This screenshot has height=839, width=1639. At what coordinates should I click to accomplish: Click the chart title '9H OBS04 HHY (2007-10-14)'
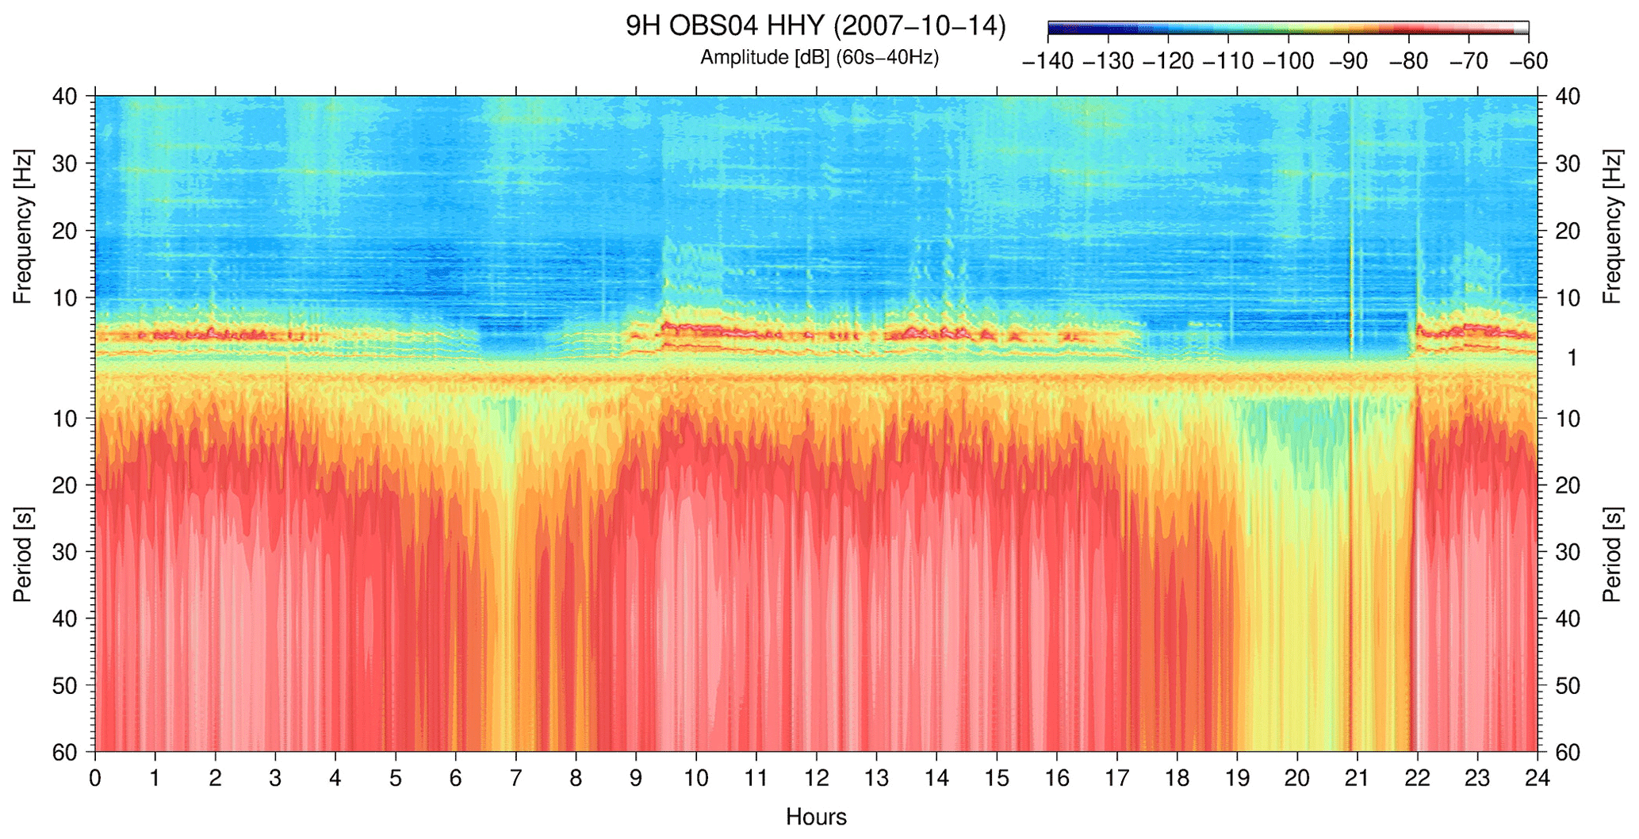pyautogui.click(x=815, y=26)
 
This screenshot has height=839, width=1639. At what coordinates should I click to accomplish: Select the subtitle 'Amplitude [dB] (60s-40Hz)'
pyautogui.click(x=819, y=58)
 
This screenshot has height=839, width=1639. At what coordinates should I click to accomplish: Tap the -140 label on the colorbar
pyautogui.click(x=1047, y=62)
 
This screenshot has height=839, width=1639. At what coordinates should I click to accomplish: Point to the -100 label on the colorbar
pyautogui.click(x=1289, y=62)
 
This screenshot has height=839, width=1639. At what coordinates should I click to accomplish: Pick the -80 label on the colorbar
pyautogui.click(x=1409, y=62)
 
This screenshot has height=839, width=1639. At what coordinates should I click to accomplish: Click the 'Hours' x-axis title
pyautogui.click(x=816, y=817)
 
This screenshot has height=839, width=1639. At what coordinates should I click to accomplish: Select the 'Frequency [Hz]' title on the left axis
pyautogui.click(x=23, y=227)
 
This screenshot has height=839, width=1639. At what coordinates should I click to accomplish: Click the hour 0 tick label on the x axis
pyautogui.click(x=95, y=778)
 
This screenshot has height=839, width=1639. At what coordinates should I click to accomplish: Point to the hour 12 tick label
pyautogui.click(x=816, y=778)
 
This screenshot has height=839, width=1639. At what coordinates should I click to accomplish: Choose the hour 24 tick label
pyautogui.click(x=1537, y=778)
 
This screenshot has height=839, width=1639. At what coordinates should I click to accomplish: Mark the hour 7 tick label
pyautogui.click(x=515, y=778)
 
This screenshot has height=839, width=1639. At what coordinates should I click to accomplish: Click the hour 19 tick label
pyautogui.click(x=1237, y=778)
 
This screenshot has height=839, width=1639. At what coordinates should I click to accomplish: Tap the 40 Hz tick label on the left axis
pyautogui.click(x=65, y=97)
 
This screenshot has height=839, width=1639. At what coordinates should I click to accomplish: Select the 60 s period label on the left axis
pyautogui.click(x=65, y=752)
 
